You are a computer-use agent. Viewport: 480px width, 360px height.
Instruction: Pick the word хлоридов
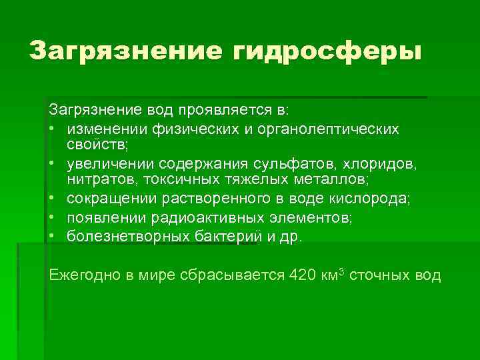(381, 163)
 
